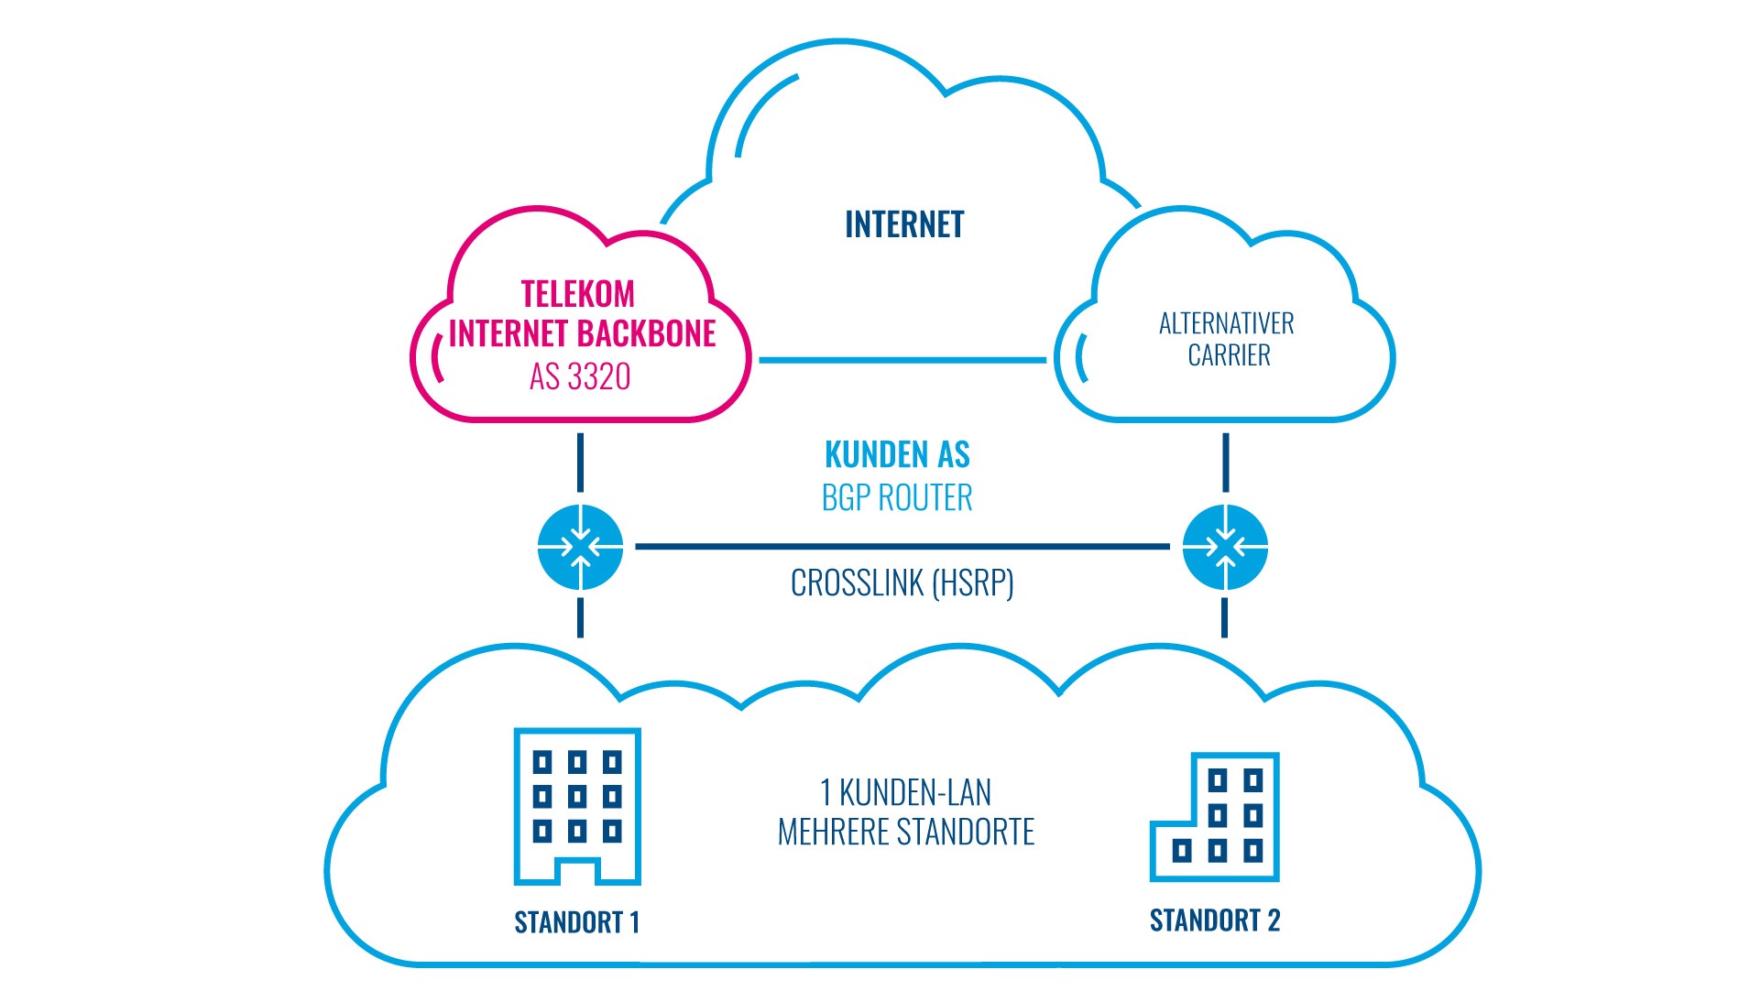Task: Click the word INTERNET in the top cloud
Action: [903, 224]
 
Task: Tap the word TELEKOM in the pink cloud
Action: [577, 294]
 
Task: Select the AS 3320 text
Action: [580, 376]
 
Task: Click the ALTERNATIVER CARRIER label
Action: [1227, 339]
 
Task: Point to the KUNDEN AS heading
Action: [897, 454]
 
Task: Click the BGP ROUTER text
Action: [897, 497]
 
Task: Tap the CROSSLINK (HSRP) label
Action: [902, 583]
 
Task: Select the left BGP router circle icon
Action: [580, 547]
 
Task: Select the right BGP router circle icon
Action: [1225, 547]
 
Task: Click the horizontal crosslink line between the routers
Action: [902, 547]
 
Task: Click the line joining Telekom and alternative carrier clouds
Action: [902, 360]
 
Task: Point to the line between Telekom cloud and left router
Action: [580, 463]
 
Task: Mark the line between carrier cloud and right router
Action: [1225, 463]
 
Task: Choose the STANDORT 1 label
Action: [576, 921]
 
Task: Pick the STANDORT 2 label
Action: [1214, 920]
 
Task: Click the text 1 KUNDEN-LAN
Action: [905, 791]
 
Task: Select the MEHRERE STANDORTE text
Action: [905, 832]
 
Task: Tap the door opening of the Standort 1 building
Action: [577, 873]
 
